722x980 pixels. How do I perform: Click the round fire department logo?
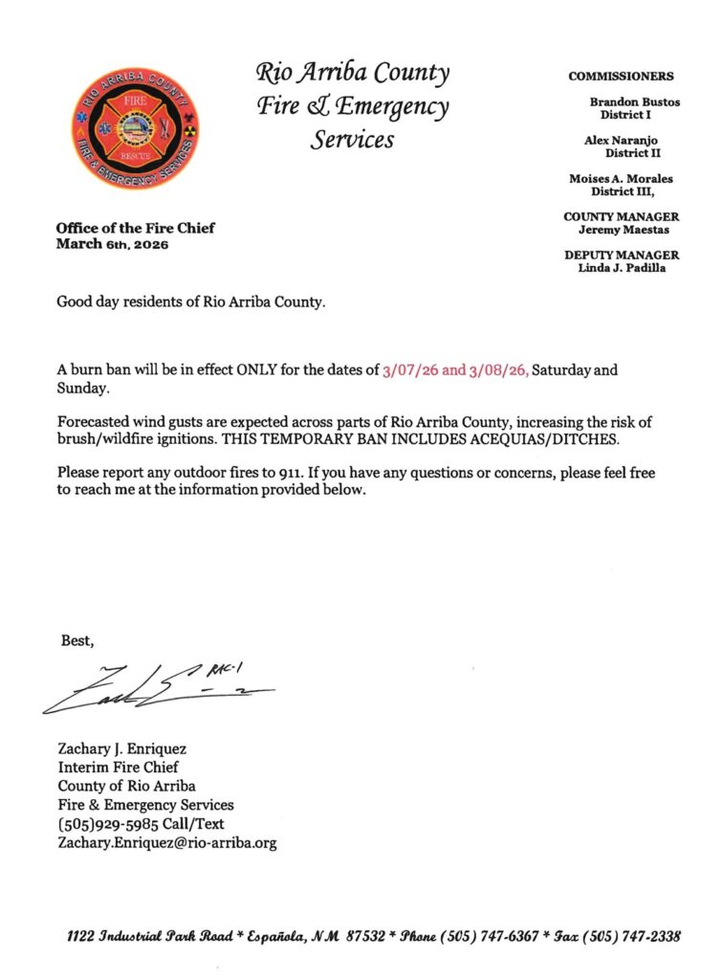click(134, 127)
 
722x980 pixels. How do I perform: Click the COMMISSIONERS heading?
click(621, 77)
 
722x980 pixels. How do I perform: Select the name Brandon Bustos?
click(635, 101)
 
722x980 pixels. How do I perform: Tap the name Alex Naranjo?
click(620, 140)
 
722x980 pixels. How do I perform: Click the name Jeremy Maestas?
click(622, 230)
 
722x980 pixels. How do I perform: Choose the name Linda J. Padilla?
click(622, 268)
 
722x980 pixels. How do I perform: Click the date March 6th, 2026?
click(112, 244)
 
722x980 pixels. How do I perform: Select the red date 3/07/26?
click(409, 369)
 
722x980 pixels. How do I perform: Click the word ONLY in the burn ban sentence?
click(255, 369)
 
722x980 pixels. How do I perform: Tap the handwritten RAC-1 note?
click(221, 668)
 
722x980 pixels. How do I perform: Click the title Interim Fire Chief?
click(119, 767)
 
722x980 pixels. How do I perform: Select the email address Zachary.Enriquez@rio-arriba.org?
click(168, 843)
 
